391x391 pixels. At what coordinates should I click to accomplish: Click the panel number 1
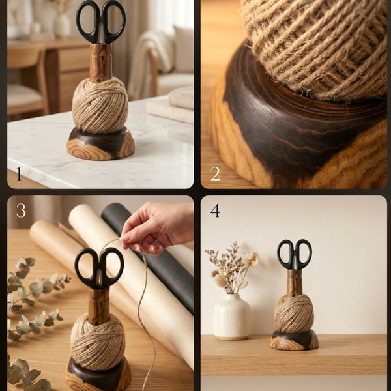tap(18, 174)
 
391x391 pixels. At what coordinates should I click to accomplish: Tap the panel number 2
tap(215, 173)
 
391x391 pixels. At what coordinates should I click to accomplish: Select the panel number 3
tap(21, 210)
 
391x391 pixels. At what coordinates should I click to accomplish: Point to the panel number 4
tap(215, 210)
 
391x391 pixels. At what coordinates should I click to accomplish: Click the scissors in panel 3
tap(99, 267)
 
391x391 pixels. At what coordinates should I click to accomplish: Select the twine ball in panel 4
tap(293, 313)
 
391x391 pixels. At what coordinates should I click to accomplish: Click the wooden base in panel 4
tap(295, 341)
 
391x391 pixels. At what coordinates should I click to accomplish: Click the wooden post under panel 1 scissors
tap(100, 62)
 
